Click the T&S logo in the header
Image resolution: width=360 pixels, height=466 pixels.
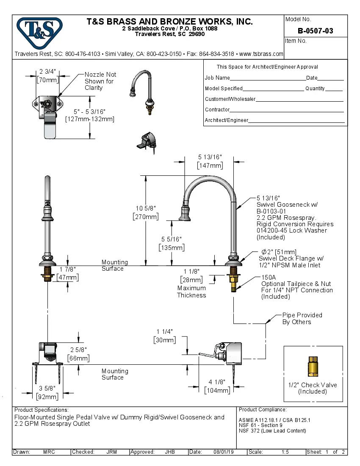coord(39,31)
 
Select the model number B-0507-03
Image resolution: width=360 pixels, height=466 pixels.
coord(315,31)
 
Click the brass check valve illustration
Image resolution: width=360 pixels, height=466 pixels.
coord(313,366)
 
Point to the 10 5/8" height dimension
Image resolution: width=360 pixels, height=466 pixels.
coord(147,208)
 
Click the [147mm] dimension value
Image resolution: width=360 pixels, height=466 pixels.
coord(210,166)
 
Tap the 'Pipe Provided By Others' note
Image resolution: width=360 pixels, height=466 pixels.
coord(302,319)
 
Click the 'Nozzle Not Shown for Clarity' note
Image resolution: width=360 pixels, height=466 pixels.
coord(100,81)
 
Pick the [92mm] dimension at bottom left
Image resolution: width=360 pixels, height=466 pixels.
coord(47,397)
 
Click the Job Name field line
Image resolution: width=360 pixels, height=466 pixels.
coord(267,78)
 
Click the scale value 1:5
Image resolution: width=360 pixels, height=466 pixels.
coord(285,452)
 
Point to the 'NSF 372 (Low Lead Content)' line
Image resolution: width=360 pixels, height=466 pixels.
coord(272,431)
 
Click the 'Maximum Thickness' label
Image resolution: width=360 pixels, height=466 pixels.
coord(191,291)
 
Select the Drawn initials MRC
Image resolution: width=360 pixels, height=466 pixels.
coord(49,452)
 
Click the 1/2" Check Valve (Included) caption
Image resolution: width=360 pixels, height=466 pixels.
coord(313,388)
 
